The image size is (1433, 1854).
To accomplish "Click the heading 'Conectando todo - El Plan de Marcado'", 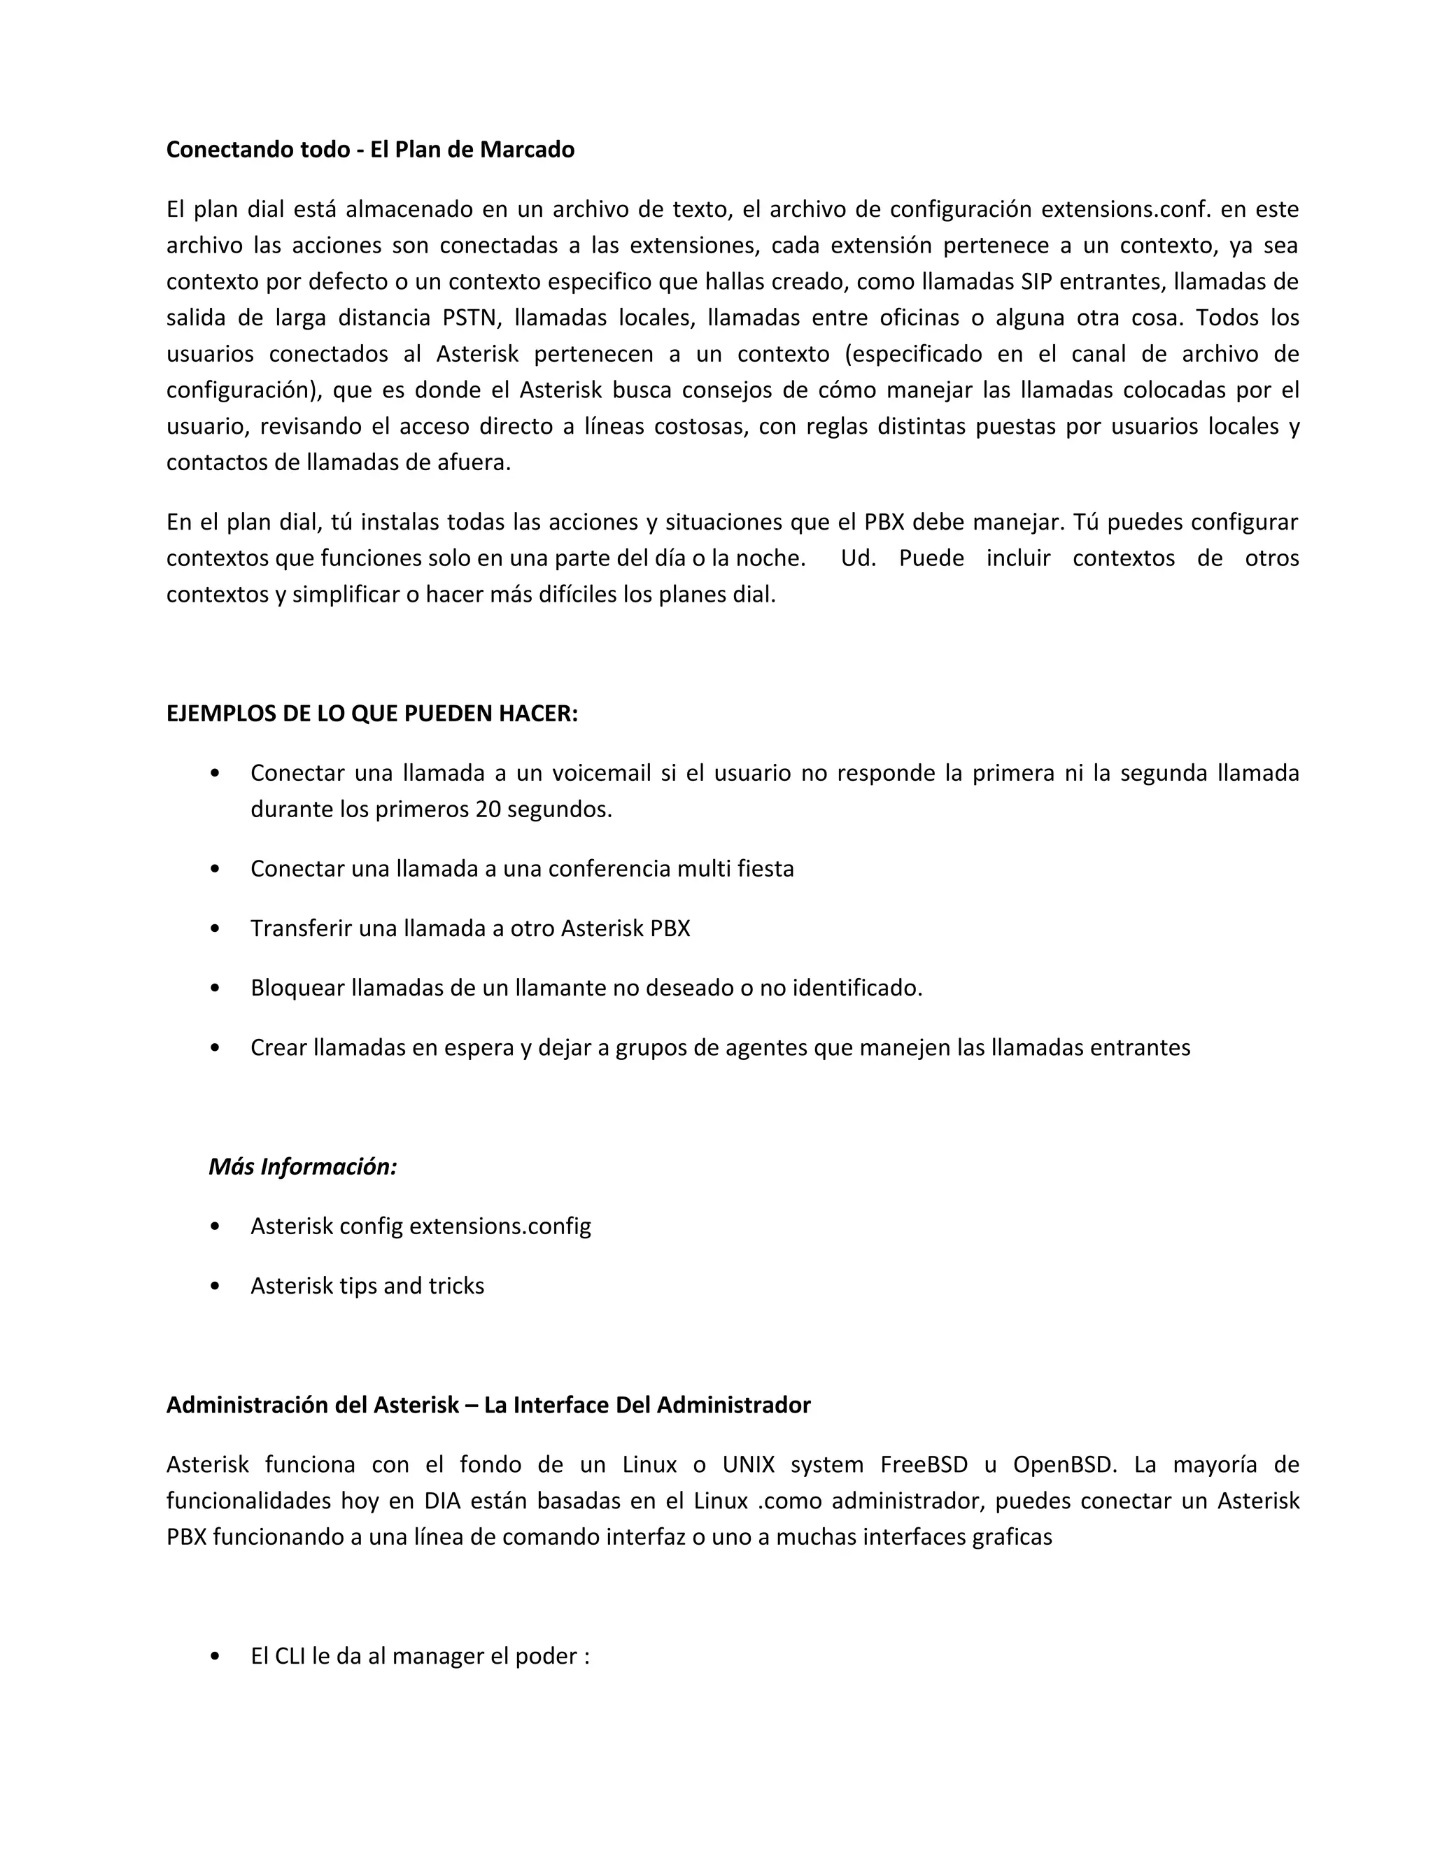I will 370,150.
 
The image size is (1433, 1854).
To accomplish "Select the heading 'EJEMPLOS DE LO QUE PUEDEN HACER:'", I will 372,713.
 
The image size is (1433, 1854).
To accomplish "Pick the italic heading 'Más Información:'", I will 303,1166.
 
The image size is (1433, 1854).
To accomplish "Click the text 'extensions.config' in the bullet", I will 500,1226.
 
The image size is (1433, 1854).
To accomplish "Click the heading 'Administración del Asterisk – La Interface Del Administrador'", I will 488,1405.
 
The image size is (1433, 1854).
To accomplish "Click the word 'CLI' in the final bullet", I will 291,1656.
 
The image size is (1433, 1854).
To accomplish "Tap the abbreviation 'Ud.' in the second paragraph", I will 857,558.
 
